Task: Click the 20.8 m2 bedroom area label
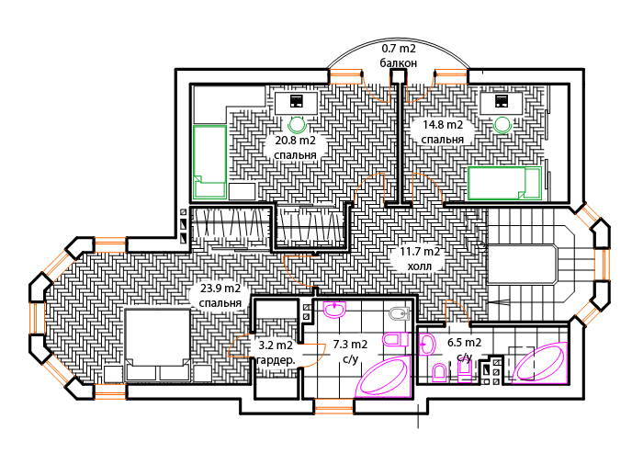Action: click(x=295, y=148)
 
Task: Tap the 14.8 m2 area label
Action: click(x=443, y=131)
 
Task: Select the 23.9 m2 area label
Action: click(x=220, y=296)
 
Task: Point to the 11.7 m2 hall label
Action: click(x=420, y=259)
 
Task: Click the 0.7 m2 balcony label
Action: click(x=399, y=56)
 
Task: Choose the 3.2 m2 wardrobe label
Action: click(x=276, y=352)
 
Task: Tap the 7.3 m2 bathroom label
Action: click(x=350, y=351)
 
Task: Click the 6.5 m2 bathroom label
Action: click(x=464, y=349)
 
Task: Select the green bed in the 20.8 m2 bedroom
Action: click(x=209, y=162)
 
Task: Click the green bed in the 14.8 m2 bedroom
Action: click(x=504, y=184)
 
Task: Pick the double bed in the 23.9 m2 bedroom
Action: click(x=157, y=345)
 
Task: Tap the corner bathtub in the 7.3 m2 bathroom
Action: click(x=384, y=377)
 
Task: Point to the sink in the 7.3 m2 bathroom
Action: click(x=334, y=310)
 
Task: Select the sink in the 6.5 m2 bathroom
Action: click(x=427, y=345)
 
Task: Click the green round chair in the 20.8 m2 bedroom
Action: click(x=298, y=125)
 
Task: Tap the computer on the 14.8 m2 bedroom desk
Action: click(x=502, y=101)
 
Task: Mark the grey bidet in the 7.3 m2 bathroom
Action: click(x=400, y=313)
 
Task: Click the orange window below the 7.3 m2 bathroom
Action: click(x=333, y=406)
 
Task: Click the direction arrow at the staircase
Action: click(x=499, y=300)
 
